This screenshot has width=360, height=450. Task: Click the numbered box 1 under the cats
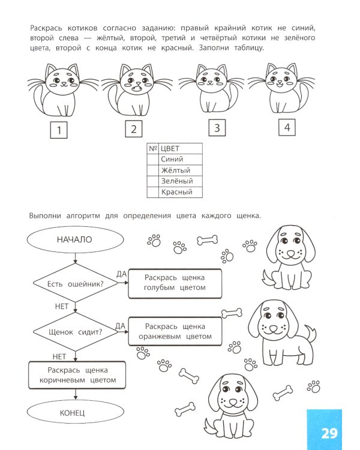(59, 130)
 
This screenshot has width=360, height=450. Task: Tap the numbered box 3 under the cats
(217, 128)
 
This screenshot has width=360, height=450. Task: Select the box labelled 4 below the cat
(287, 127)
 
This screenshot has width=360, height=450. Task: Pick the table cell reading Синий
(181, 160)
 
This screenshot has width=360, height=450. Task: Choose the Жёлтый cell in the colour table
(181, 170)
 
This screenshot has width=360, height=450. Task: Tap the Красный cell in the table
(181, 192)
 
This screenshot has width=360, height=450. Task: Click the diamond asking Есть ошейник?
(74, 284)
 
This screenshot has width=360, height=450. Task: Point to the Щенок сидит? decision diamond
(74, 331)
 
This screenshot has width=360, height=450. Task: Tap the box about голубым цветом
(175, 283)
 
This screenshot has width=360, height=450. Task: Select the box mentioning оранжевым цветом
(175, 331)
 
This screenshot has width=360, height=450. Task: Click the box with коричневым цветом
(77, 375)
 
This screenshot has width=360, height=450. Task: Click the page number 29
(329, 433)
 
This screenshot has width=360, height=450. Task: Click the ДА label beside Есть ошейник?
(121, 274)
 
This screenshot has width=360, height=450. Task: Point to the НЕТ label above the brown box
(59, 356)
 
